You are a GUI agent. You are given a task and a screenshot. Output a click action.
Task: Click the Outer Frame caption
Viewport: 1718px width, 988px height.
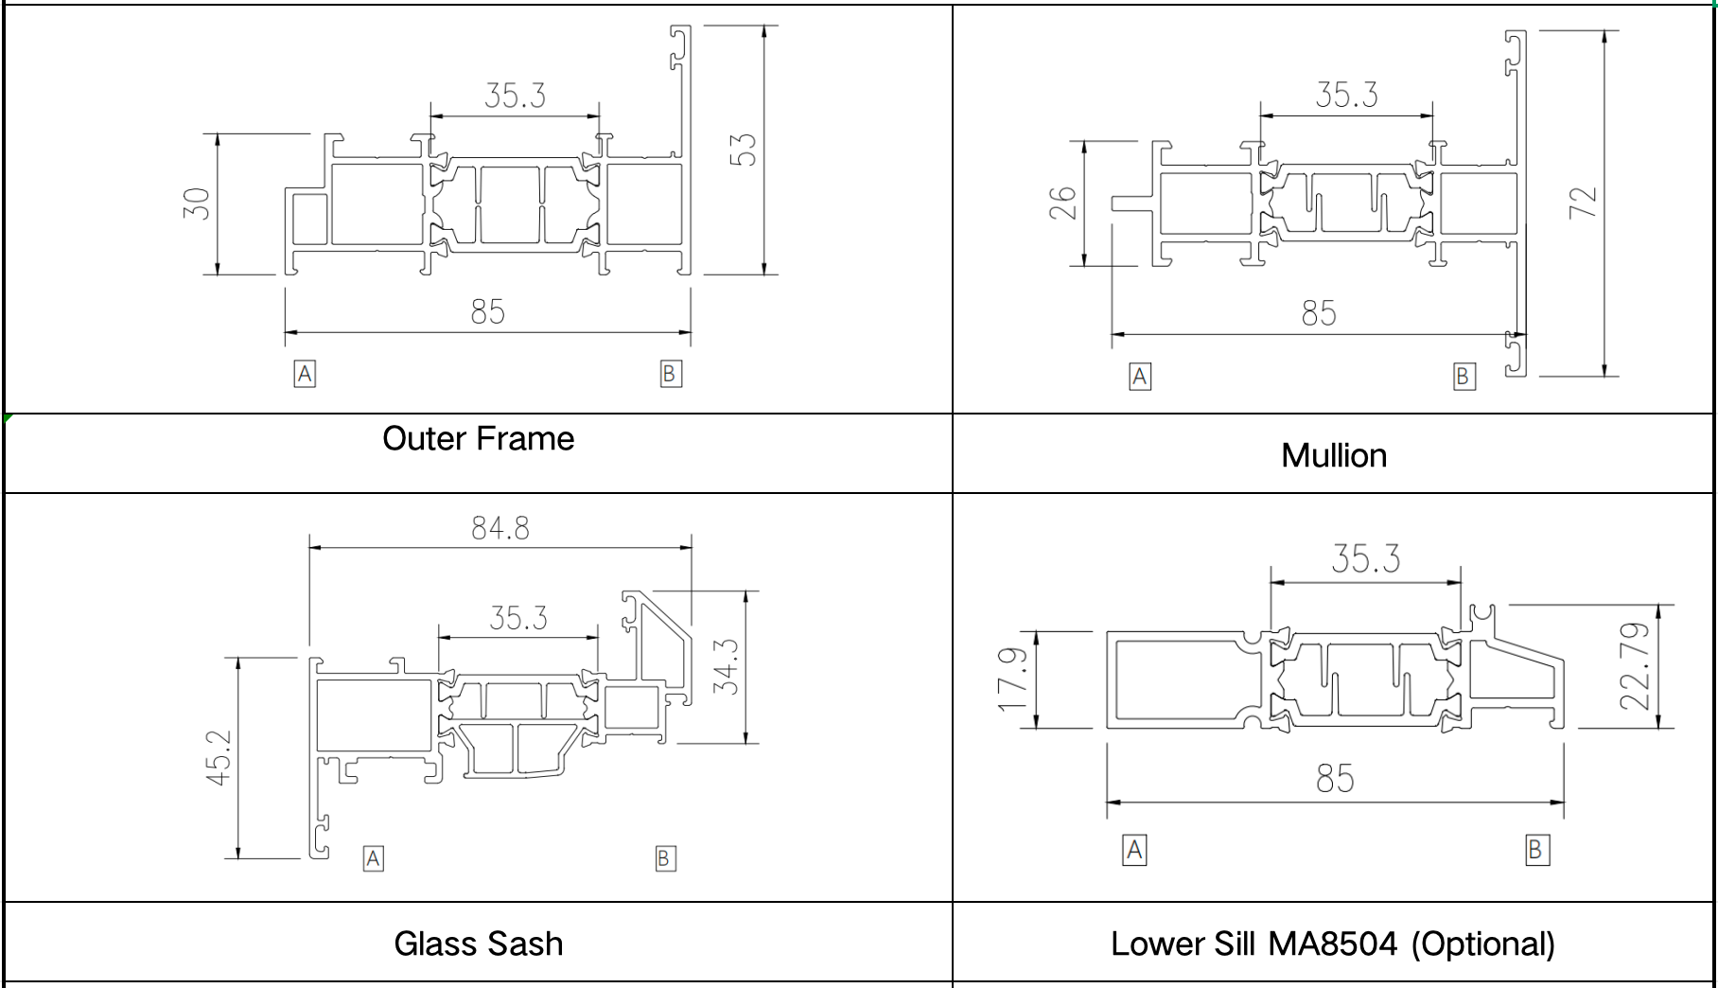[x=478, y=439]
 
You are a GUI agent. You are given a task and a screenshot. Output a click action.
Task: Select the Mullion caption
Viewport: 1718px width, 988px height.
[x=1334, y=456]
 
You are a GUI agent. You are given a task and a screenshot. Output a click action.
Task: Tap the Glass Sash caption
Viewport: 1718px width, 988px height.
[x=478, y=944]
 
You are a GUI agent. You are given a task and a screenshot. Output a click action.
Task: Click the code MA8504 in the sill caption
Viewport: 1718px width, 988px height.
[x=1332, y=944]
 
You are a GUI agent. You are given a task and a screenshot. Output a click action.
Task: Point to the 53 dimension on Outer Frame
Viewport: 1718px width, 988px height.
[x=745, y=150]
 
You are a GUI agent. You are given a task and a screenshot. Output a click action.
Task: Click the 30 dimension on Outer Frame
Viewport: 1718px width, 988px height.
[x=196, y=203]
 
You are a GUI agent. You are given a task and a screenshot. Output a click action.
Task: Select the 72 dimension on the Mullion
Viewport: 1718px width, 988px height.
[x=1583, y=203]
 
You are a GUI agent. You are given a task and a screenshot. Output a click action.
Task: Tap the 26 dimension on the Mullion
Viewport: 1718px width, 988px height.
[x=1062, y=203]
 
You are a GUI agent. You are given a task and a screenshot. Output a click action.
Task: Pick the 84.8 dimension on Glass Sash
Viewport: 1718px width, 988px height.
[x=500, y=528]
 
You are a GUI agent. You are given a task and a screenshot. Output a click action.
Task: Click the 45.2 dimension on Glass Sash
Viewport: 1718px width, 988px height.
[x=219, y=757]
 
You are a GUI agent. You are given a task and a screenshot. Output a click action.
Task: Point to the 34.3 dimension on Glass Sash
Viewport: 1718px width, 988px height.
[x=726, y=666]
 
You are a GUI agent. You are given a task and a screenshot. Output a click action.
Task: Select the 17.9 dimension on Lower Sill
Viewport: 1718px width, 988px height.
[x=1012, y=679]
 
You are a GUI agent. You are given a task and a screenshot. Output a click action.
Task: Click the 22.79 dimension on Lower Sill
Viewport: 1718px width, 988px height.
[x=1635, y=666]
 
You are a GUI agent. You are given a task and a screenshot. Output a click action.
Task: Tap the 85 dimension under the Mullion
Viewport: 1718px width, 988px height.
[x=1319, y=313]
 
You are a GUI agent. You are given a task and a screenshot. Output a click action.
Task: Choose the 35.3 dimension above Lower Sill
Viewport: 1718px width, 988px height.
[x=1365, y=559]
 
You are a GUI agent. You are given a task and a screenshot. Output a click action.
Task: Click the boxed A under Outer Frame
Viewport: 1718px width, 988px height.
[x=305, y=374]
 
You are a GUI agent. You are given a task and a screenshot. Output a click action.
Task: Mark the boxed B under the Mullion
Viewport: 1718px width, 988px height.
[x=1464, y=377]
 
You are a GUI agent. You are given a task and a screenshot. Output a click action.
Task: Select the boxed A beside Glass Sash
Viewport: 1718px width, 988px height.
[x=374, y=858]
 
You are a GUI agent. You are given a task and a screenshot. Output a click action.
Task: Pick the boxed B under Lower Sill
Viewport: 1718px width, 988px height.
[x=1536, y=850]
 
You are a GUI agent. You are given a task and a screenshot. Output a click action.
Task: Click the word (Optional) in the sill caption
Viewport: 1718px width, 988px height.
[x=1482, y=944]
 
